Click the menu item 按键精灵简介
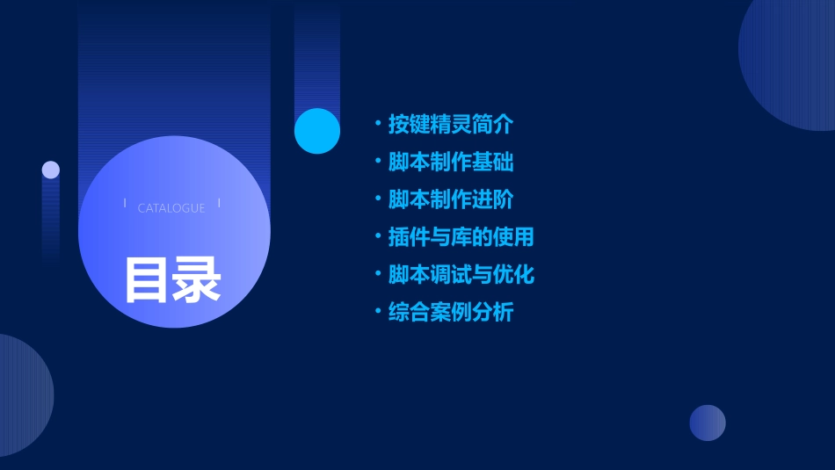pos(450,125)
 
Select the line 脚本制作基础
pos(450,163)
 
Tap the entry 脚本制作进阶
pos(450,199)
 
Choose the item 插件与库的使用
pos(461,237)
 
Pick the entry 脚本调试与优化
pos(461,274)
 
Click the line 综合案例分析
pos(450,312)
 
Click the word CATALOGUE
pos(171,208)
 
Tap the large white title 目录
pos(172,279)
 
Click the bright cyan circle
pos(317,131)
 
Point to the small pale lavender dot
pos(51,170)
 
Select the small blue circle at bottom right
pos(708,423)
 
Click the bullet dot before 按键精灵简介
pos(377,123)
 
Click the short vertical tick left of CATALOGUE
pos(125,203)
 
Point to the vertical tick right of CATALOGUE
pos(219,203)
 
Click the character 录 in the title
pos(197,279)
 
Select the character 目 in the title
pos(146,279)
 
